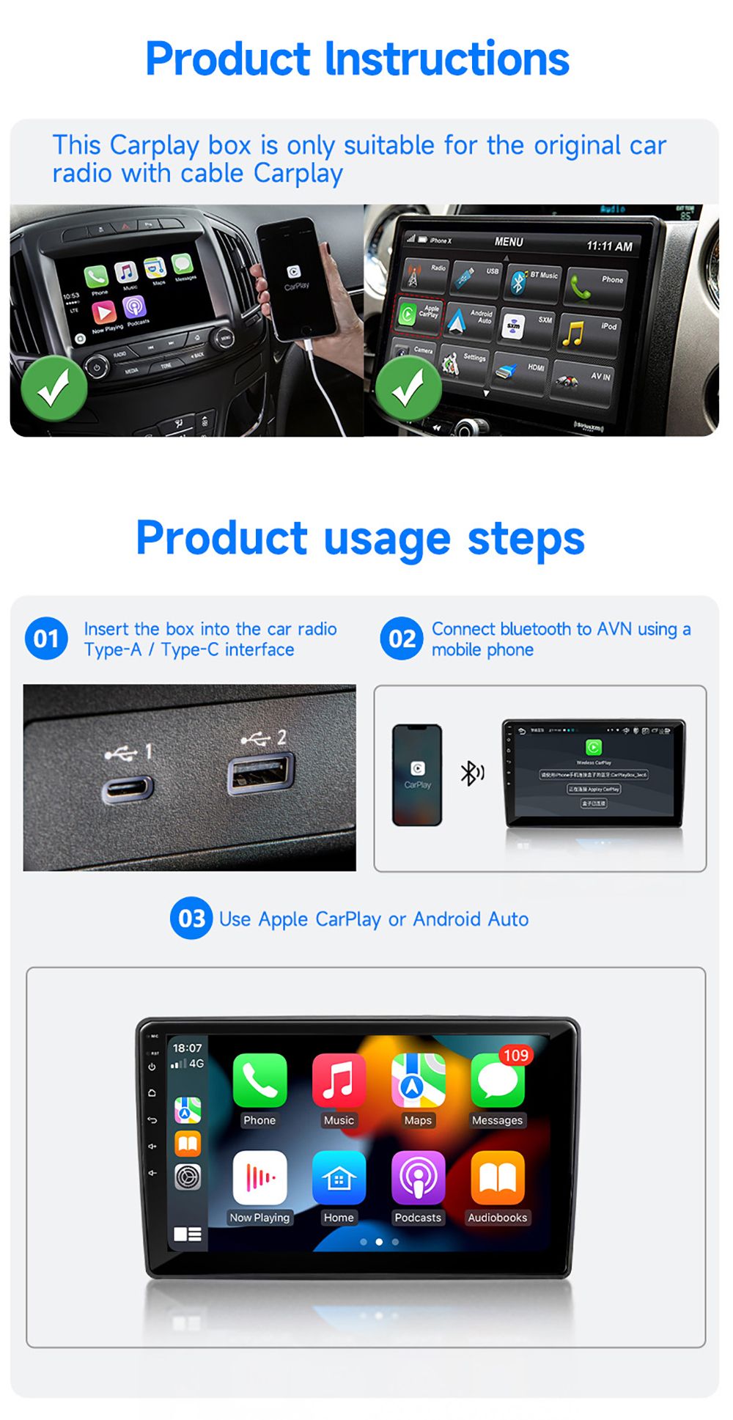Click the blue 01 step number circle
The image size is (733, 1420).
tap(46, 639)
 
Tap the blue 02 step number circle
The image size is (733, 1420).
tap(401, 639)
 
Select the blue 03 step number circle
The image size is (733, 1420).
tap(191, 918)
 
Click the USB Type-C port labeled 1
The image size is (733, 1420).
tap(127, 789)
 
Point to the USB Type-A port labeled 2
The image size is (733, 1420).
tap(260, 774)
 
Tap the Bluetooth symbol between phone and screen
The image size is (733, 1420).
tap(471, 773)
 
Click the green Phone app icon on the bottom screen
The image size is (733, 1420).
tap(259, 1080)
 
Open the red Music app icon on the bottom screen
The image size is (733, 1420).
tap(339, 1080)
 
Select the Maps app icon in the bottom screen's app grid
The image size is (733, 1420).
tap(418, 1080)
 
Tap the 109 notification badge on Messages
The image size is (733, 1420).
tap(516, 1055)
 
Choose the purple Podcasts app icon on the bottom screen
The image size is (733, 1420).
tap(418, 1177)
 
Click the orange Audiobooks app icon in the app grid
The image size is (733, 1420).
tap(497, 1177)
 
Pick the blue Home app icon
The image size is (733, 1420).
tap(339, 1177)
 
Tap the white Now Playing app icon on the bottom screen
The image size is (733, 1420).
tap(259, 1177)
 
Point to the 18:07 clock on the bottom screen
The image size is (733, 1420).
tap(187, 1048)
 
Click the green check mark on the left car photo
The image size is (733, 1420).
tap(54, 388)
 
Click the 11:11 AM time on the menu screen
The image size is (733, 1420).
tap(609, 246)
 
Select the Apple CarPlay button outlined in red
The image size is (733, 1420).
tap(419, 314)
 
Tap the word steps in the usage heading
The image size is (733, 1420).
tap(526, 539)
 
